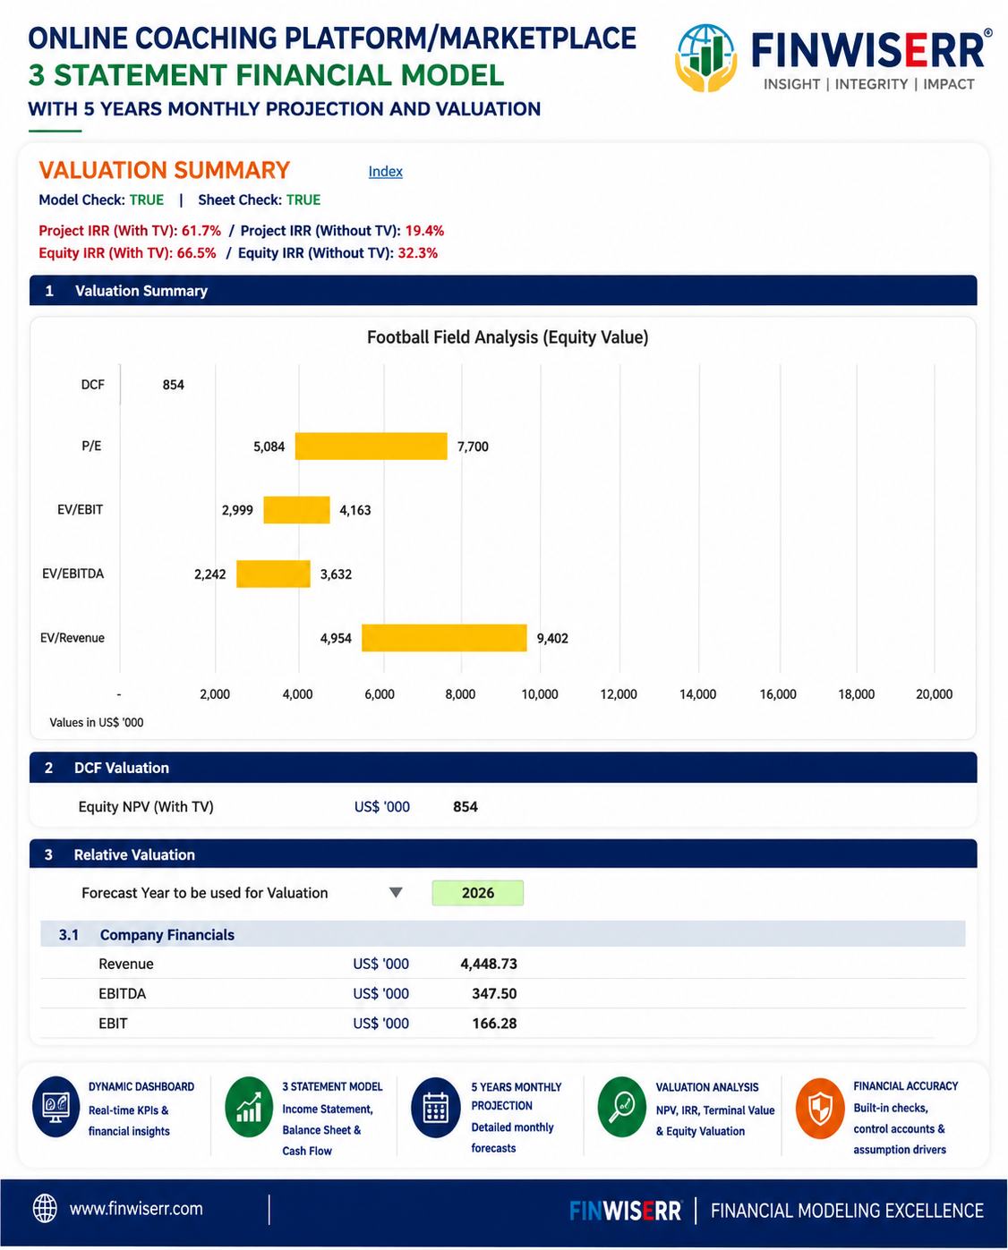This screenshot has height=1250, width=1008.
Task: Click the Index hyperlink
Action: [x=386, y=172]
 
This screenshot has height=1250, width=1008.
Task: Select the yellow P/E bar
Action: [x=371, y=446]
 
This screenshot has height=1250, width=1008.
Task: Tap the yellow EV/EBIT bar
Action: [x=296, y=510]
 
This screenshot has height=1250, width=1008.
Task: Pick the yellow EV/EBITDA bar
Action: [x=273, y=574]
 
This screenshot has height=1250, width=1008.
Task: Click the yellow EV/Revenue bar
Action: [x=444, y=638]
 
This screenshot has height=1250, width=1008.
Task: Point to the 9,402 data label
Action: [x=552, y=638]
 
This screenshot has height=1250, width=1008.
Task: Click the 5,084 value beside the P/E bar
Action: [x=269, y=446]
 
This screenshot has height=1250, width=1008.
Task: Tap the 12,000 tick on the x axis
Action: [x=619, y=694]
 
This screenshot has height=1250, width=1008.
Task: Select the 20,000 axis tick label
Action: [x=935, y=694]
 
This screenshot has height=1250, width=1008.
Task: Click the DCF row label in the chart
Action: [x=92, y=385]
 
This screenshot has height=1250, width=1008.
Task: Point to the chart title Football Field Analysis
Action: [x=508, y=337]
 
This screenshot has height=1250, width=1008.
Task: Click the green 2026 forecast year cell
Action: [x=477, y=893]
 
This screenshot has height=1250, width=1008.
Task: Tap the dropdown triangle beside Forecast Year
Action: [x=396, y=892]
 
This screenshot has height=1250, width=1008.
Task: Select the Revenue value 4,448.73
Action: [x=488, y=964]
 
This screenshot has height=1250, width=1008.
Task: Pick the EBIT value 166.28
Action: [x=494, y=1023]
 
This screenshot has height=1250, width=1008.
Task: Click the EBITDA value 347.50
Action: [x=494, y=993]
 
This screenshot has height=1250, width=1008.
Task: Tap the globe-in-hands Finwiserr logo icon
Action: [x=705, y=57]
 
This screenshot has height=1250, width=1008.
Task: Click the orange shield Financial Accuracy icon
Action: [x=820, y=1109]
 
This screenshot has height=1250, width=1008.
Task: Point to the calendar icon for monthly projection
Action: [x=435, y=1109]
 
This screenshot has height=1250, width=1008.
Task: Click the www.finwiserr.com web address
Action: [x=136, y=1209]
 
